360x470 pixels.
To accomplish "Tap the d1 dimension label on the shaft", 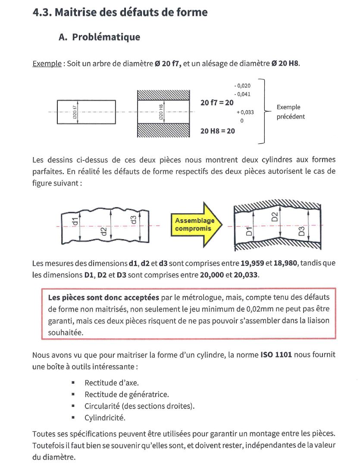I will [75, 222].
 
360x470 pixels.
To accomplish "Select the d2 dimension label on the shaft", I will [103, 231].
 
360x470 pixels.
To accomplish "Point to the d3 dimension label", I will [133, 219].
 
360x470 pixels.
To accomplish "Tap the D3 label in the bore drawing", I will [302, 231].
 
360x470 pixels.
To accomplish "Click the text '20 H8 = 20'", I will [218, 130].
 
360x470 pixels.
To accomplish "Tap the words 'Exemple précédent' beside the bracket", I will [290, 112].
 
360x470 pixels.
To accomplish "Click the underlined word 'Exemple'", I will [47, 64].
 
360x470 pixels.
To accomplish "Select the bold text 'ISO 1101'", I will [276, 355].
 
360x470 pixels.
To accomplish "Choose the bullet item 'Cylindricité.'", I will [105, 418].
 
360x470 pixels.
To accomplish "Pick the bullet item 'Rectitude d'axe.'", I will [111, 383].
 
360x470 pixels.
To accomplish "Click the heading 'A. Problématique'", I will [99, 37].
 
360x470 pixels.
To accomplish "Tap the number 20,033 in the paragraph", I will [244, 274].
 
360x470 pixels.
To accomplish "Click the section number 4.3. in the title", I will [42, 12].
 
